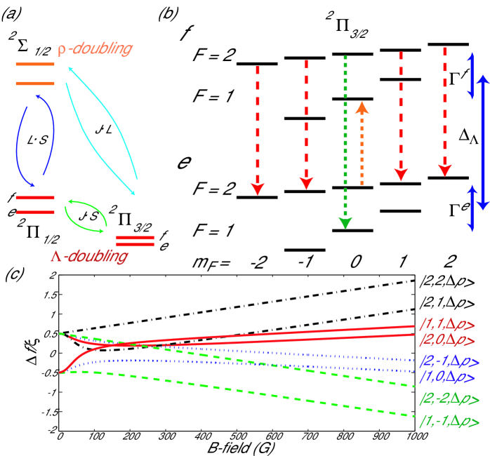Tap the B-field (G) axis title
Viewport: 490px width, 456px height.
pos(237,450)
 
